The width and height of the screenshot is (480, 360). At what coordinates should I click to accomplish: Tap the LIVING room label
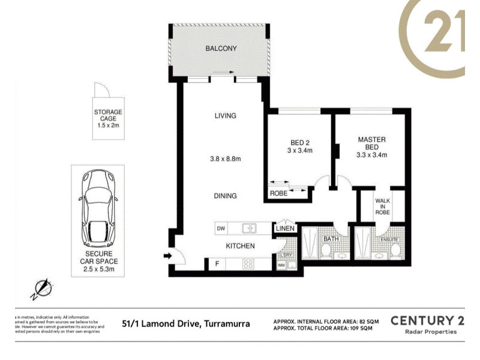pyautogui.click(x=226, y=116)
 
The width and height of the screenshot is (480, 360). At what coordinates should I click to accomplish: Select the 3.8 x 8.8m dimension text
pyautogui.click(x=225, y=159)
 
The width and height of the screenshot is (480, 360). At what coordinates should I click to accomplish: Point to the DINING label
pyautogui.click(x=226, y=196)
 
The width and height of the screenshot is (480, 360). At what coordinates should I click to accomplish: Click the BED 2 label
pyautogui.click(x=300, y=142)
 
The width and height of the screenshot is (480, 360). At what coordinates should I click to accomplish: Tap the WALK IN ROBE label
pyautogui.click(x=383, y=206)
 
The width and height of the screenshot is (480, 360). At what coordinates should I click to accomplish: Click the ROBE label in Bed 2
pyautogui.click(x=278, y=194)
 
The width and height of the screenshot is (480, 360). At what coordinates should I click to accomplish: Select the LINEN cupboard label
pyautogui.click(x=284, y=229)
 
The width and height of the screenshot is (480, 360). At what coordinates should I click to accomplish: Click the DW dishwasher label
pyautogui.click(x=221, y=229)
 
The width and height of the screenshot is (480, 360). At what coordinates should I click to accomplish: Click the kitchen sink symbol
pyautogui.click(x=249, y=228)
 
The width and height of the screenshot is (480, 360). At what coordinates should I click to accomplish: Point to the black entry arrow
pyautogui.click(x=168, y=257)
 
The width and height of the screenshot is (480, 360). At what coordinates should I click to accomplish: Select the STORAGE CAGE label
pyautogui.click(x=108, y=119)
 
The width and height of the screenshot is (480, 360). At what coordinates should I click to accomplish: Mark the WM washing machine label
pyautogui.click(x=281, y=265)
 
